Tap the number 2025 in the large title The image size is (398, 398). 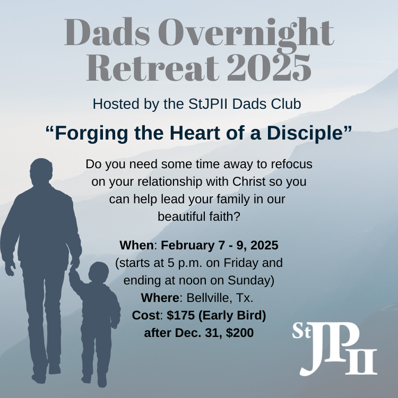(x=269, y=68)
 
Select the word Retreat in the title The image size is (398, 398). (x=153, y=68)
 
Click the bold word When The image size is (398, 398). (x=136, y=245)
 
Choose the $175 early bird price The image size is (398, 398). (x=180, y=316)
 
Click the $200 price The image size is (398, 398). (x=240, y=333)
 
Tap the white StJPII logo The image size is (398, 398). (x=334, y=349)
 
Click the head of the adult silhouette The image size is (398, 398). (x=41, y=172)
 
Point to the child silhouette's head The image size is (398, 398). (x=99, y=272)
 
